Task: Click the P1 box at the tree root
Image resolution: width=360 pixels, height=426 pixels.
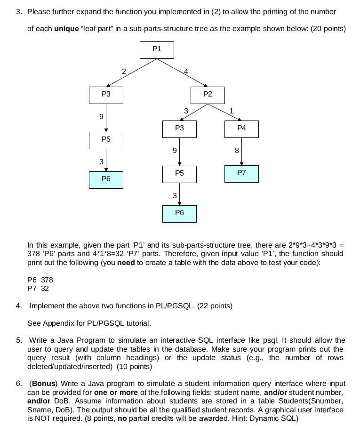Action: (157, 49)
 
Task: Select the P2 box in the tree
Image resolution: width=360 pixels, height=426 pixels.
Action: (208, 95)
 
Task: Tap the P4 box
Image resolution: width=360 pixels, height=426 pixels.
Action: (241, 129)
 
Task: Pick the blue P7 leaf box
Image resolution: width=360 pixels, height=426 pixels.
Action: (241, 173)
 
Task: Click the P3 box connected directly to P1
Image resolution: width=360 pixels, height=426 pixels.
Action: (106, 95)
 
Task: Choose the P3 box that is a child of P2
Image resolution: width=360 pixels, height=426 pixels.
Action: (179, 129)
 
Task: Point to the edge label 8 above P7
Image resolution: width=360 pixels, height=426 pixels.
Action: (237, 151)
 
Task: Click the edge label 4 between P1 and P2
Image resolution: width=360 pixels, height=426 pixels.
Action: (186, 72)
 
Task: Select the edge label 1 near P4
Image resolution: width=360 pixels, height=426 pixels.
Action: (231, 111)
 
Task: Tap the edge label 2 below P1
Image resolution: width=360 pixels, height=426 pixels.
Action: (123, 72)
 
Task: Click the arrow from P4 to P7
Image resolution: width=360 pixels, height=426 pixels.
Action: (241, 151)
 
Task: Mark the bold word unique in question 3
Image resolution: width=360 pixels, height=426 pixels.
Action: (67, 29)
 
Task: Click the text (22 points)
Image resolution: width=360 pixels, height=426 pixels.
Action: (215, 306)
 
